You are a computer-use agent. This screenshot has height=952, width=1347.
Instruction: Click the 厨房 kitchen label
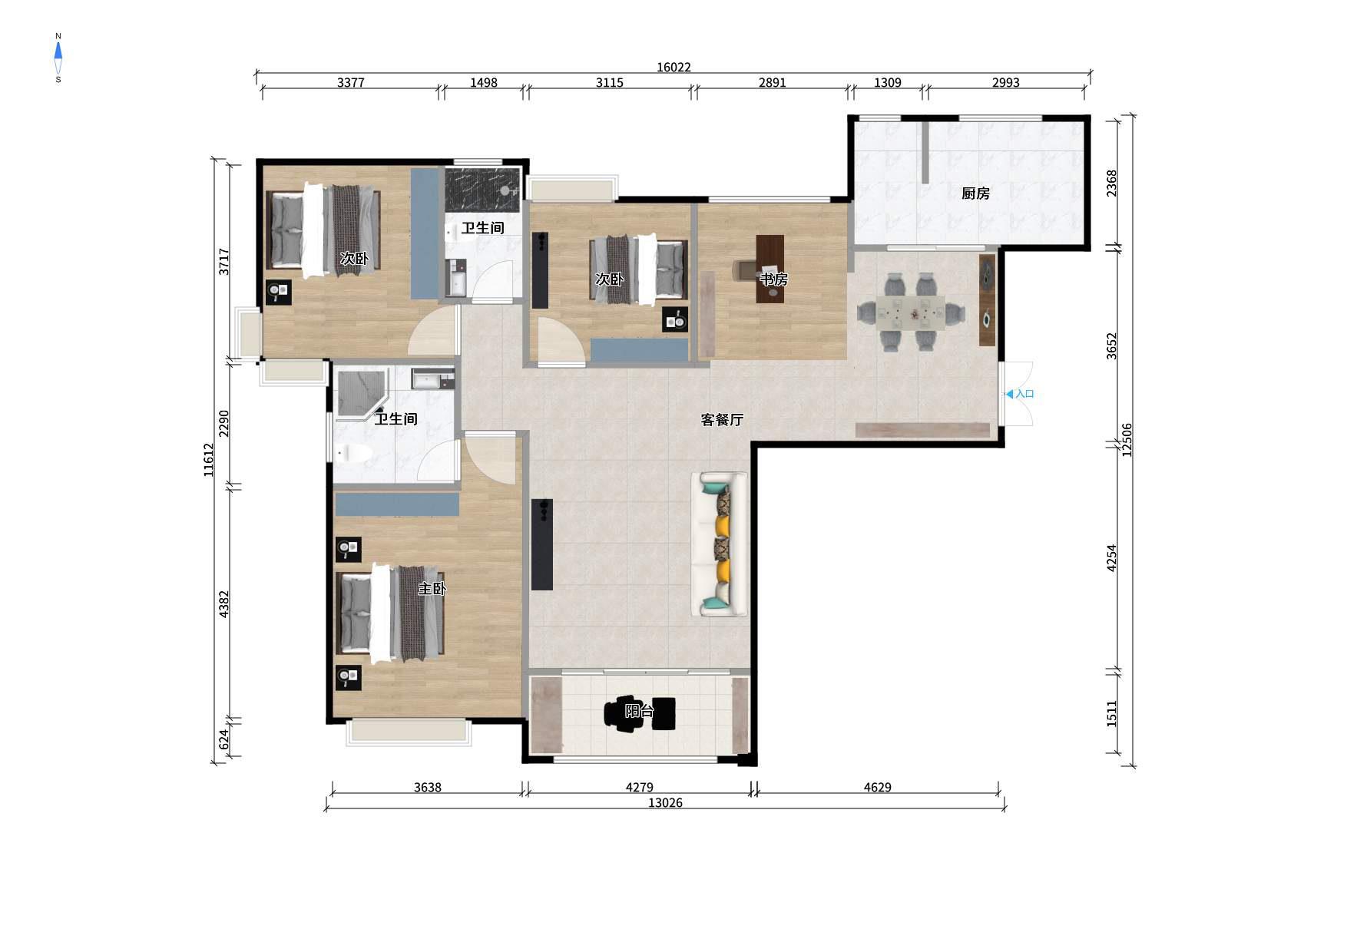click(x=975, y=193)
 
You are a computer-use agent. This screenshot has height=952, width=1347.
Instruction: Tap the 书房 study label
click(x=773, y=279)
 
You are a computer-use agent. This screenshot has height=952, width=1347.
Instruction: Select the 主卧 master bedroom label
click(x=432, y=589)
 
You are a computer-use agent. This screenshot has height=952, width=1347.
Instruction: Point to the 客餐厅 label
click(x=722, y=420)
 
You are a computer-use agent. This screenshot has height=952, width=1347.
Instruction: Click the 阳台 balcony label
click(x=639, y=711)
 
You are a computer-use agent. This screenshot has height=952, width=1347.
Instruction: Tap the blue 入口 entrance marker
click(x=1021, y=394)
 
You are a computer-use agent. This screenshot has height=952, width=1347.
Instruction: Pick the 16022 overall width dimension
click(x=673, y=67)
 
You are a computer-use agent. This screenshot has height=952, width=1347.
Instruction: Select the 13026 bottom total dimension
click(x=665, y=802)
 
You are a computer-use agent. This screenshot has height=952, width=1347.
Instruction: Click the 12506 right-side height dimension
click(x=1127, y=441)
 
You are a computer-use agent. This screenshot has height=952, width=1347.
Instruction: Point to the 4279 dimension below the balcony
click(x=639, y=787)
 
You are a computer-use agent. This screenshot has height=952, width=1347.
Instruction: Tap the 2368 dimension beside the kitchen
click(x=1111, y=183)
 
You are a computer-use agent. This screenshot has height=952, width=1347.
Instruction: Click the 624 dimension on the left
click(x=223, y=739)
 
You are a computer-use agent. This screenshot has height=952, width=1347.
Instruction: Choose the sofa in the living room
click(x=720, y=544)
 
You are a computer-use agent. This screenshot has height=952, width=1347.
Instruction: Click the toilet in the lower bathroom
click(x=354, y=454)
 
